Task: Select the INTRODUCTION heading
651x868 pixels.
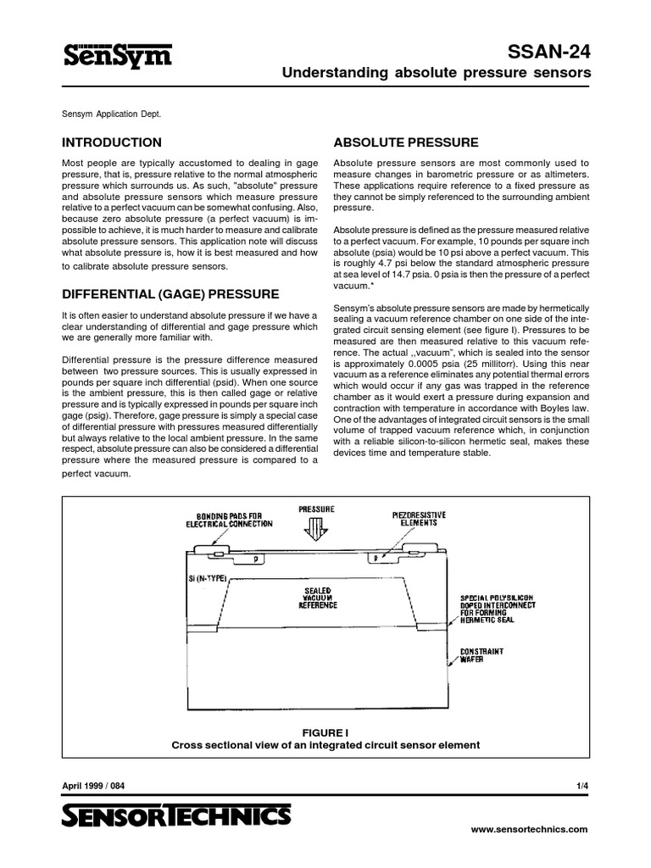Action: point(112,142)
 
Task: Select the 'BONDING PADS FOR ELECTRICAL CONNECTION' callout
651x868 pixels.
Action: point(230,519)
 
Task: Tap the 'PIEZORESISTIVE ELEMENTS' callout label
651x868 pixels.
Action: point(415,519)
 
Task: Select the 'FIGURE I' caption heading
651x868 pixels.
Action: point(325,731)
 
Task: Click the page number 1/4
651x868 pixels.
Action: point(582,786)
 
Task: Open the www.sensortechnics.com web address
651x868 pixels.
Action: point(528,830)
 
